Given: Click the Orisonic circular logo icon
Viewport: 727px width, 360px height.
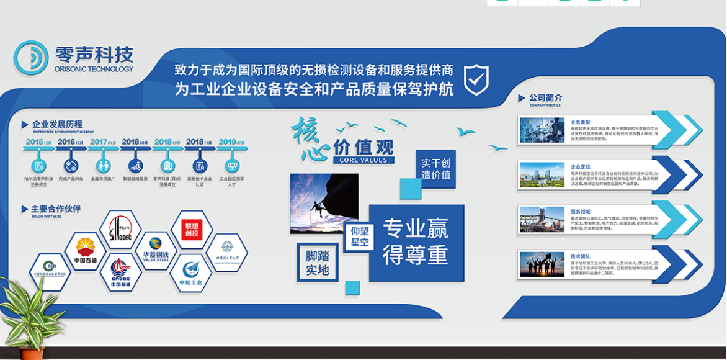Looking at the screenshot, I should tap(31, 58).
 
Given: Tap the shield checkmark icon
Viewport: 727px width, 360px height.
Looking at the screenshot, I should tap(476, 79).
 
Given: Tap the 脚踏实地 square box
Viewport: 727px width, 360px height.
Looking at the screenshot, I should tap(318, 263).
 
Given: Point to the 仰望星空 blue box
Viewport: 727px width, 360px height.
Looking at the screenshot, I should tap(360, 236).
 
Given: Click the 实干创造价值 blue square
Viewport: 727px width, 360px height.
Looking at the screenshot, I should tap(436, 169).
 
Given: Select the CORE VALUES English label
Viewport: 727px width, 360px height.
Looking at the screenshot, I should tap(363, 160).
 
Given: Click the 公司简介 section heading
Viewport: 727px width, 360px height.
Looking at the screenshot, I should tap(545, 97).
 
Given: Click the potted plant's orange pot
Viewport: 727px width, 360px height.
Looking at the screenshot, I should tap(31, 353).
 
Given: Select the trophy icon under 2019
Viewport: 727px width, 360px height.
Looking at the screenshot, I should tap(232, 166).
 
